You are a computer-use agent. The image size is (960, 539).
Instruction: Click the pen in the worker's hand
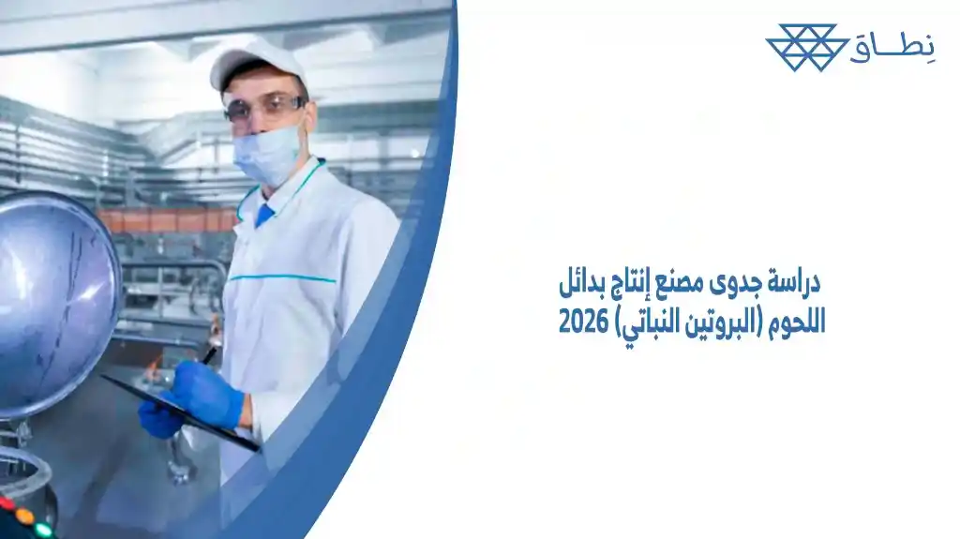point(210,354)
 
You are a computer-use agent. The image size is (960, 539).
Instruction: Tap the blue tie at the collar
point(265,215)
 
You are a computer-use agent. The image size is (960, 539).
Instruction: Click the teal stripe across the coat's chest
point(281,278)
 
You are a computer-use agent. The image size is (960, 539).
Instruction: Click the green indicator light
point(43,530)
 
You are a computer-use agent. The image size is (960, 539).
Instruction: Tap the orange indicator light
point(24,517)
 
